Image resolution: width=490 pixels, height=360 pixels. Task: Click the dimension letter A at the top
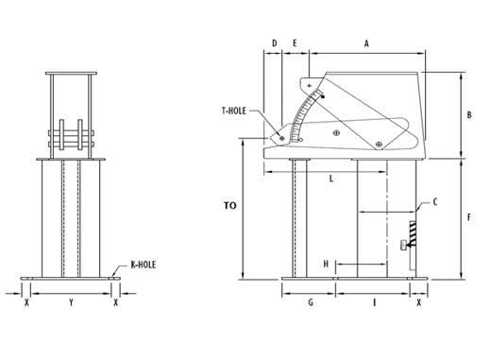pos(366,43)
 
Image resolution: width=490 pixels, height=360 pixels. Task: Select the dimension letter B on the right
pos(468,115)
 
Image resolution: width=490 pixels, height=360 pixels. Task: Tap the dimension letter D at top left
pos(273,43)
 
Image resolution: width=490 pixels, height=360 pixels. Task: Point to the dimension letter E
pos(295,43)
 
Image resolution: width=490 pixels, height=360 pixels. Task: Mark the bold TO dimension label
pos(229,205)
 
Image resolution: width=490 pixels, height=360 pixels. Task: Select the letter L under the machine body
pos(331,178)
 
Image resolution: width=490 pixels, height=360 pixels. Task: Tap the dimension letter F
pos(469,218)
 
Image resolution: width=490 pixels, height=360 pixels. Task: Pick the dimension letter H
pos(326,263)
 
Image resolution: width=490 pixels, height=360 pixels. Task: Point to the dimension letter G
pos(310,303)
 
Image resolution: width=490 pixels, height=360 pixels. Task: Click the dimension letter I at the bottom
pos(374,303)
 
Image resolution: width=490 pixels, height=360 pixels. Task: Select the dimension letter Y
pos(71,303)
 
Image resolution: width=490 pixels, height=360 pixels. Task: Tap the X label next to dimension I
pos(418,303)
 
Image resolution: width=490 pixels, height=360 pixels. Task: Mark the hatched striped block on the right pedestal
pos(412,229)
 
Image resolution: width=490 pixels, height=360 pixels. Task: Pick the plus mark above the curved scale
pos(310,86)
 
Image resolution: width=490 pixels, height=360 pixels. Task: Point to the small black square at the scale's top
pos(324,95)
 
